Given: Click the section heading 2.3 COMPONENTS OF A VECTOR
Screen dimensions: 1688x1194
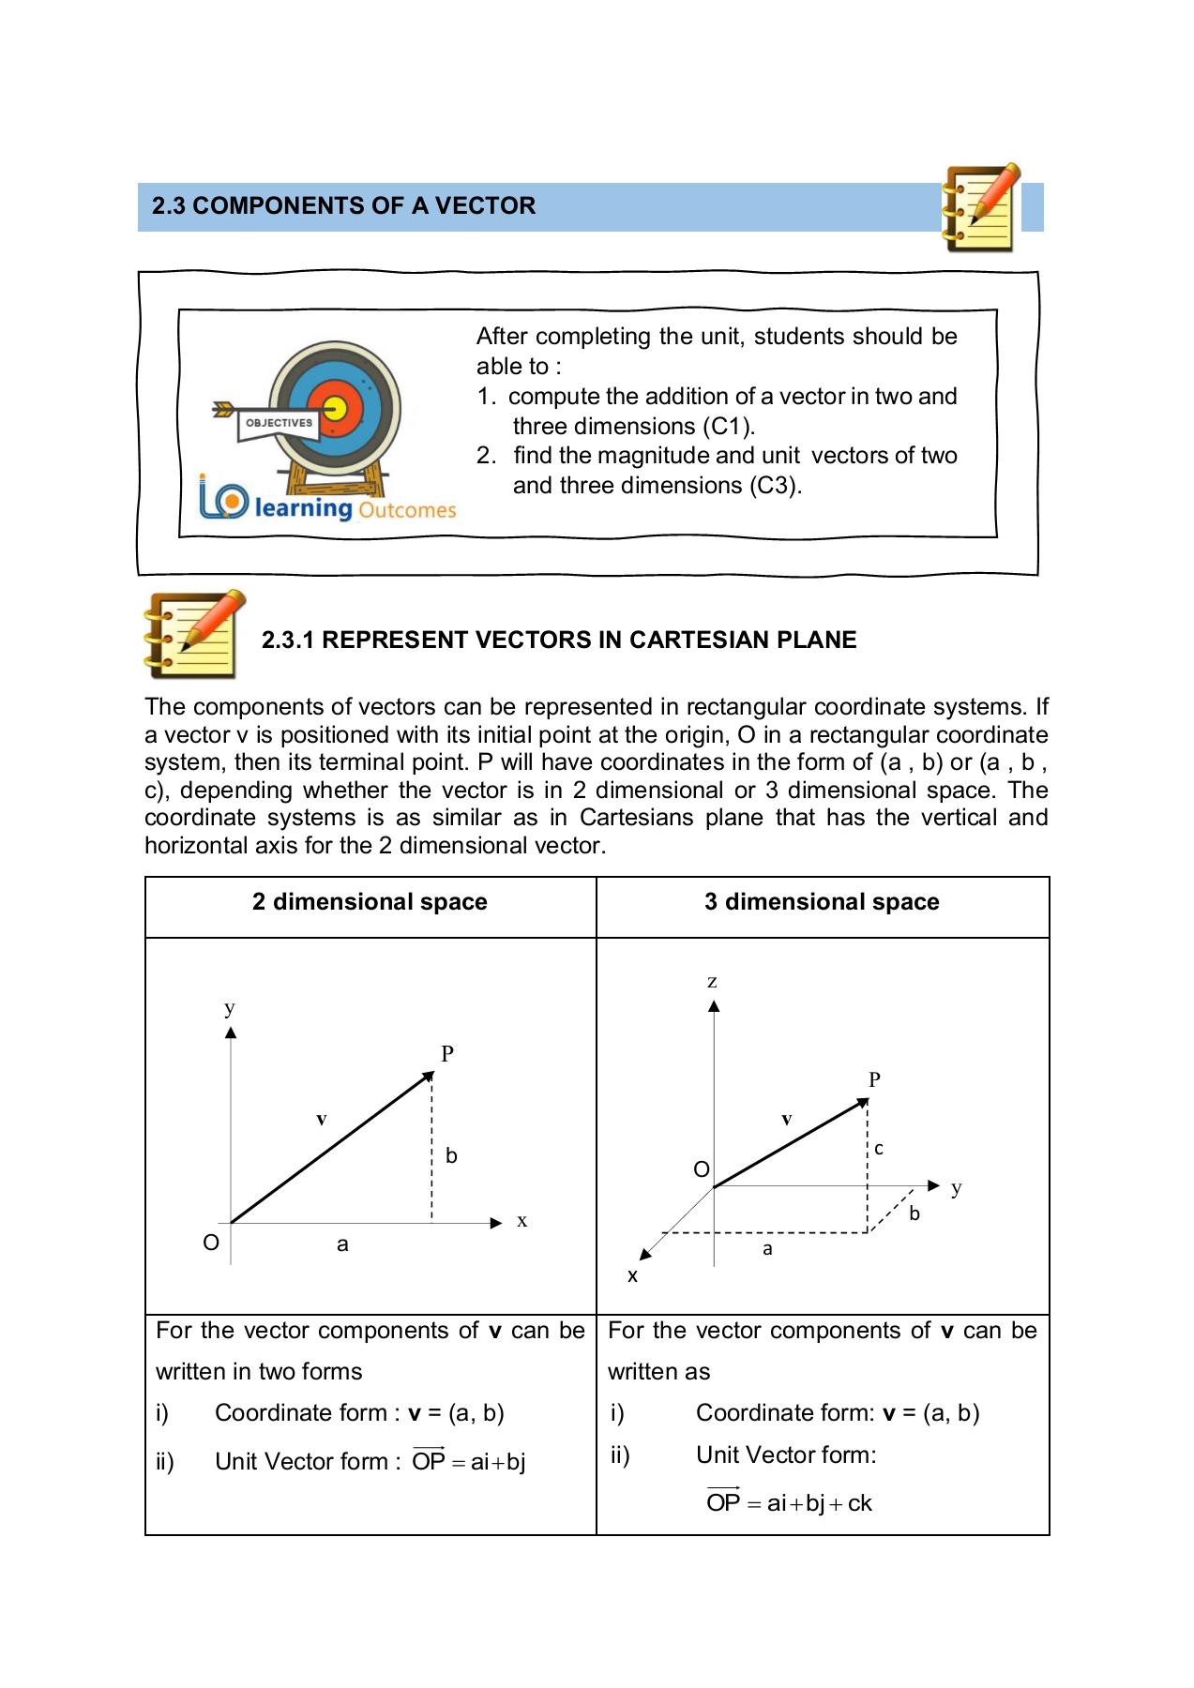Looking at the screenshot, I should pos(343,206).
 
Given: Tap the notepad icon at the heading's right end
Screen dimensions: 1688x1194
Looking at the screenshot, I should pos(980,208).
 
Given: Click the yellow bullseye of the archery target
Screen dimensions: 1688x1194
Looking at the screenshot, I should pos(335,410).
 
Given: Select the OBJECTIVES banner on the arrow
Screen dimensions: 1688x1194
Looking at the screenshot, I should pos(279,423).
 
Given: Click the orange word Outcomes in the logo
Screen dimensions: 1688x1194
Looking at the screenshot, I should pos(406,510).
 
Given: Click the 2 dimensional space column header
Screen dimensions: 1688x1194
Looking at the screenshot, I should pos(370,902).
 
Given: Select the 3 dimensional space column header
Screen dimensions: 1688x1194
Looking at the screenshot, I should pos(822,902).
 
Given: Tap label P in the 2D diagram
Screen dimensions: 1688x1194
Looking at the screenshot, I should pos(447,1054).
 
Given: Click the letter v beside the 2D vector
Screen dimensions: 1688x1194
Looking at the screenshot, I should pos(321,1120).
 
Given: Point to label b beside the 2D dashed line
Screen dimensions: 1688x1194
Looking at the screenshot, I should pos(451,1156).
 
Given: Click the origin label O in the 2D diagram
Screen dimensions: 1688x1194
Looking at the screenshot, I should pos(211,1243).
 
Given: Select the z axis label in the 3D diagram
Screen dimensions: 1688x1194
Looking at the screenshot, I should pos(712,982).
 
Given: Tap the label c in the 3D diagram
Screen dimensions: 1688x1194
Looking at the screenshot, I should pos(879,1149).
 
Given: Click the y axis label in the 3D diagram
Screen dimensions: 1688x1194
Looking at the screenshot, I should pos(956,1188).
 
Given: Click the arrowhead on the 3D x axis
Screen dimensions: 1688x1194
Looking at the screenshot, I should pos(645,1254).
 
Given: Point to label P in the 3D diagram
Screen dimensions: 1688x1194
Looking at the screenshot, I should pos(874,1079).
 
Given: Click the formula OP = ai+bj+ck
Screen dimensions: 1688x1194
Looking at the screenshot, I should pos(789,1503).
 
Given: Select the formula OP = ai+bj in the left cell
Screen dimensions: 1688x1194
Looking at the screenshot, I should pos(469,1461).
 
